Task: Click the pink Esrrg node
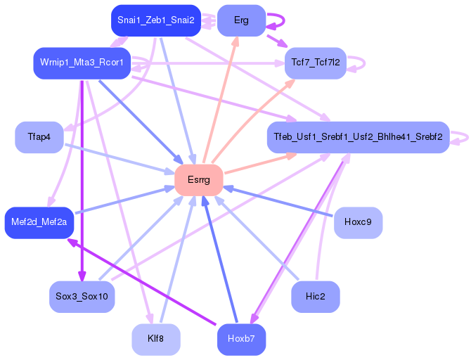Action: point(198,180)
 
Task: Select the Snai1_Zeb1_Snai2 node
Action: point(157,20)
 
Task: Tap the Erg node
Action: point(241,20)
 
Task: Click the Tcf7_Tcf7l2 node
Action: point(316,63)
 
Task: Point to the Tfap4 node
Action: point(39,136)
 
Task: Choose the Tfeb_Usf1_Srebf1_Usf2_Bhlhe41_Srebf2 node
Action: point(358,136)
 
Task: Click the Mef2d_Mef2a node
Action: point(39,222)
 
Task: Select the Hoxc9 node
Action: point(358,222)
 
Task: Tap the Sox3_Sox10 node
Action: point(82,296)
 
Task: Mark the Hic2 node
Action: point(316,296)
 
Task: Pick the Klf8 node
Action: point(156,340)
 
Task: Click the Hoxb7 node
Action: point(241,340)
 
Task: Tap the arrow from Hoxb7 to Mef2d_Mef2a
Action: point(141,281)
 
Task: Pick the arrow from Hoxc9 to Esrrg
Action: point(281,202)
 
